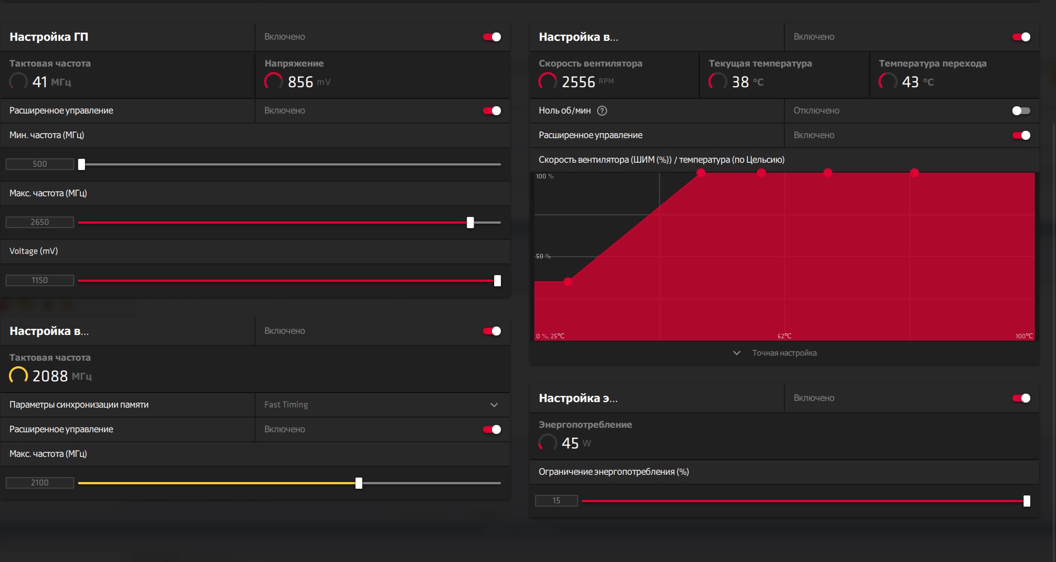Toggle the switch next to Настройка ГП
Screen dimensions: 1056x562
(x=492, y=37)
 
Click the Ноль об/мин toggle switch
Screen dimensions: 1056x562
(x=1021, y=111)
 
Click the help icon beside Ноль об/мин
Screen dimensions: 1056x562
(x=602, y=111)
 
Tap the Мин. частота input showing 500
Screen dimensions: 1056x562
(x=40, y=164)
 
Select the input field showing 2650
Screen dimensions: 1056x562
(x=40, y=222)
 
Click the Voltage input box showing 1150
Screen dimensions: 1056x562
(x=40, y=280)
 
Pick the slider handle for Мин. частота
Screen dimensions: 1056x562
(x=82, y=164)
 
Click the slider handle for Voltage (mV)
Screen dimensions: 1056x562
(x=498, y=281)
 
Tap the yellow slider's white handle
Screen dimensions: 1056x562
(x=359, y=483)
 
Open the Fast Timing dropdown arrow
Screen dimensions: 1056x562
(x=494, y=405)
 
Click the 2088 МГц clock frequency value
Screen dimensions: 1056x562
(x=61, y=376)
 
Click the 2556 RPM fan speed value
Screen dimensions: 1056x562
(x=588, y=82)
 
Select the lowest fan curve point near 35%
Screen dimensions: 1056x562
(x=568, y=282)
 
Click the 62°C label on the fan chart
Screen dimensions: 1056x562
(x=784, y=336)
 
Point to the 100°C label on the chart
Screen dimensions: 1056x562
(x=1024, y=336)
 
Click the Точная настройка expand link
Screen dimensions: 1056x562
(x=784, y=353)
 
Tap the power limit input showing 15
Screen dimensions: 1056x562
(x=556, y=500)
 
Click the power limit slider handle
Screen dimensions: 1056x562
(x=1027, y=501)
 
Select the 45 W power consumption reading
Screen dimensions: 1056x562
(x=576, y=443)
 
